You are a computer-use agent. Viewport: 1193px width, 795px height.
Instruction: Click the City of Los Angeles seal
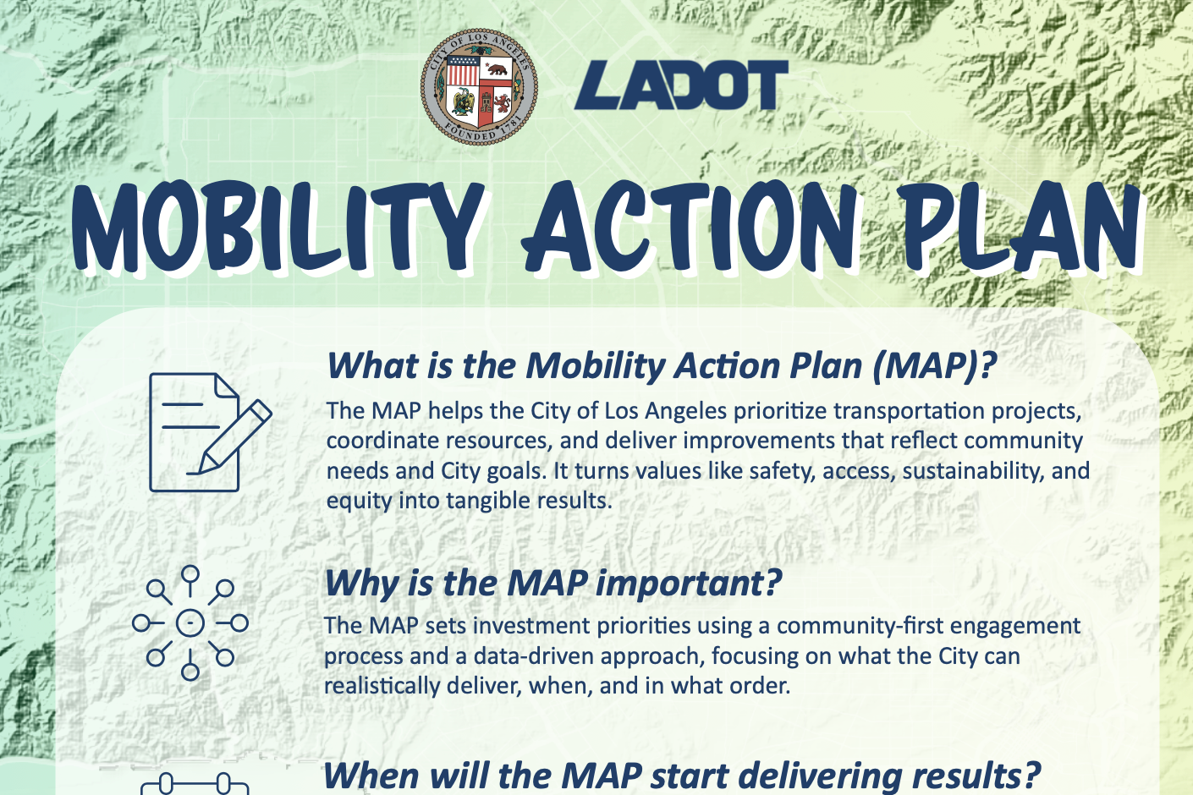coord(479,86)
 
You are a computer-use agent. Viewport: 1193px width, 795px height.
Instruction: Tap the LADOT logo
coord(681,85)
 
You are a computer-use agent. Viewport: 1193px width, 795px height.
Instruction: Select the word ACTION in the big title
coord(690,227)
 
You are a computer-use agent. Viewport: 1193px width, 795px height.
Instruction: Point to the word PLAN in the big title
coord(1020,227)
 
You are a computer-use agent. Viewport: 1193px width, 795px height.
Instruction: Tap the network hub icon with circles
coord(190,623)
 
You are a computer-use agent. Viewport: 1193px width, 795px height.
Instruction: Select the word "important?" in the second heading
coord(689,584)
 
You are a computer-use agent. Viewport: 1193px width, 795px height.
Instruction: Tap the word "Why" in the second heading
coord(361,584)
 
